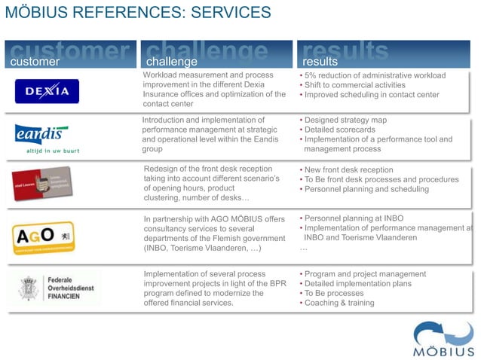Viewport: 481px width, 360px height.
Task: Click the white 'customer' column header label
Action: coord(34,61)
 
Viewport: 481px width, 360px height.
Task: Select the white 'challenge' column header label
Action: coord(171,61)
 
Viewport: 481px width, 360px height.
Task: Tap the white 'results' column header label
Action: coord(320,61)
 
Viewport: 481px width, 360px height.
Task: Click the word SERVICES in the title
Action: coord(225,13)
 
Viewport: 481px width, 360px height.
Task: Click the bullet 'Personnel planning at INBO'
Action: coord(354,218)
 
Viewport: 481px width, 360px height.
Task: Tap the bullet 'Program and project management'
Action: coord(365,274)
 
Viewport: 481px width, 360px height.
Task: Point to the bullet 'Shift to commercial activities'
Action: coord(355,85)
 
